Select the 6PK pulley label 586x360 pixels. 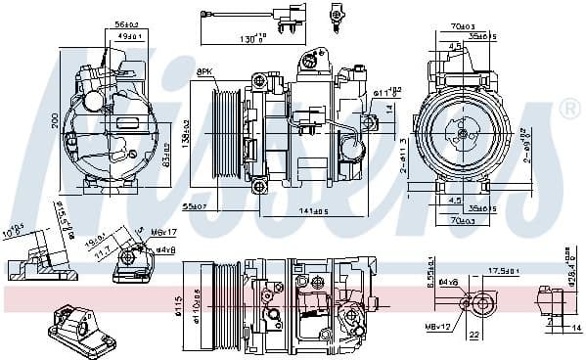[x=205, y=72]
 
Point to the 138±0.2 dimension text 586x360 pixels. [x=185, y=135]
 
